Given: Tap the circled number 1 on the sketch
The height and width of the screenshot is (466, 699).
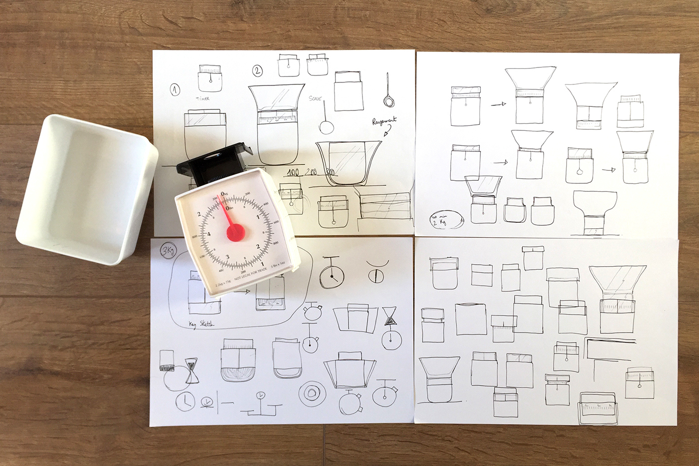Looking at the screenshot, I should point(175,90).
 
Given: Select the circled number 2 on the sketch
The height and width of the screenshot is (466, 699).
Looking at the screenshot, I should point(258,71).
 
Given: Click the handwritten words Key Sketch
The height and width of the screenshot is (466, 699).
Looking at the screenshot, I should point(201,324).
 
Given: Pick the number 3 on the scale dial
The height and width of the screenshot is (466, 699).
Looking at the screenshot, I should point(228,257).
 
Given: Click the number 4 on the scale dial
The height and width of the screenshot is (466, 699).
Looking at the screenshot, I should point(209,234).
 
